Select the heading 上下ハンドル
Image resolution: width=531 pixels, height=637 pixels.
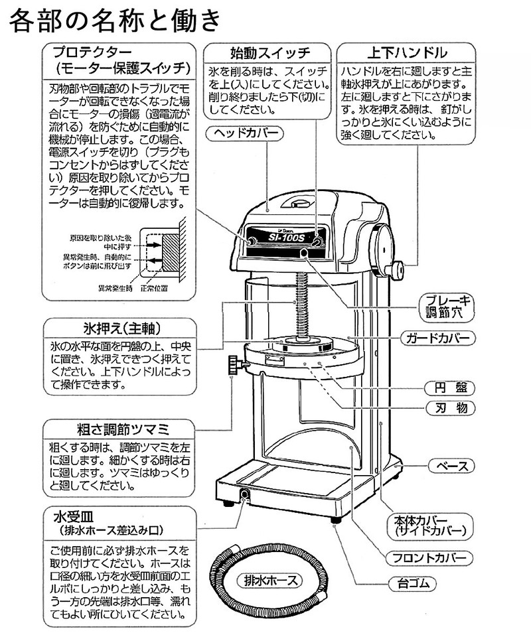tap(407, 52)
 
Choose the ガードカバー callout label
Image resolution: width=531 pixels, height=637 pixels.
tap(439, 338)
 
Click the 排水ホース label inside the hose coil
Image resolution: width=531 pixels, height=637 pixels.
tap(273, 579)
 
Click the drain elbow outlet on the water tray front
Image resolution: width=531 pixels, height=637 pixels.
tap(244, 494)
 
